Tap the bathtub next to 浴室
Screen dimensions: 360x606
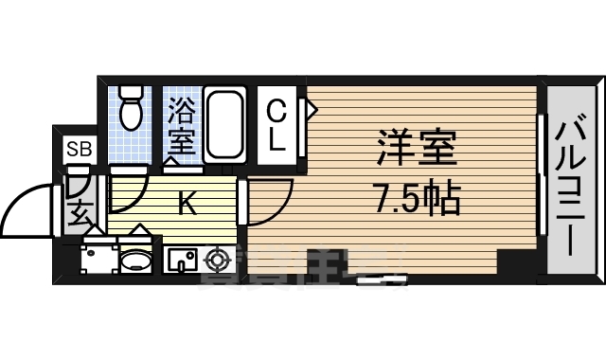(225, 124)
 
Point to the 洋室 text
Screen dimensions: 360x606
(418, 149)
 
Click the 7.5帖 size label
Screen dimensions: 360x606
(418, 198)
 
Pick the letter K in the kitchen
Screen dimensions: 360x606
(187, 204)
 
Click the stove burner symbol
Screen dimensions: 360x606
(218, 258)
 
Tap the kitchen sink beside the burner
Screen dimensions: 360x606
(180, 258)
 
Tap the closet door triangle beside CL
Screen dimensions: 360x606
(310, 109)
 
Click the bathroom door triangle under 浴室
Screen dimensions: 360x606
(173, 161)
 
